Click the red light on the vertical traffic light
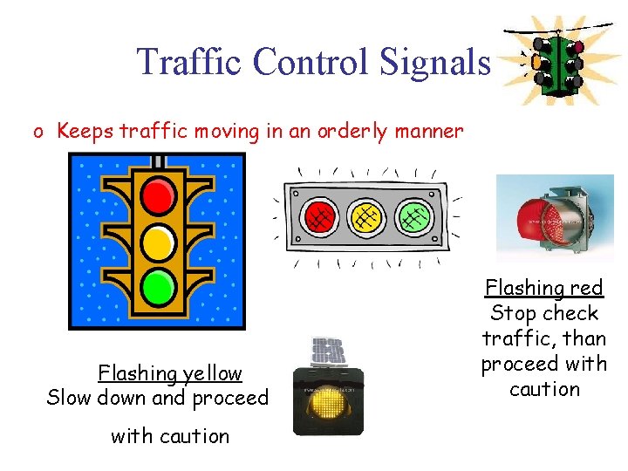click(x=157, y=196)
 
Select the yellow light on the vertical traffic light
click(x=157, y=240)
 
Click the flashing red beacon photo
click(x=543, y=218)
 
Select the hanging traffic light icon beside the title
click(x=555, y=61)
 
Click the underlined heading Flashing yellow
click(x=170, y=373)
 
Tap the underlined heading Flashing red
click(x=543, y=288)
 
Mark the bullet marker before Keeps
click(x=38, y=133)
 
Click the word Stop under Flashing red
click(x=513, y=313)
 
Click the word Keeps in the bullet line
click(x=85, y=132)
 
